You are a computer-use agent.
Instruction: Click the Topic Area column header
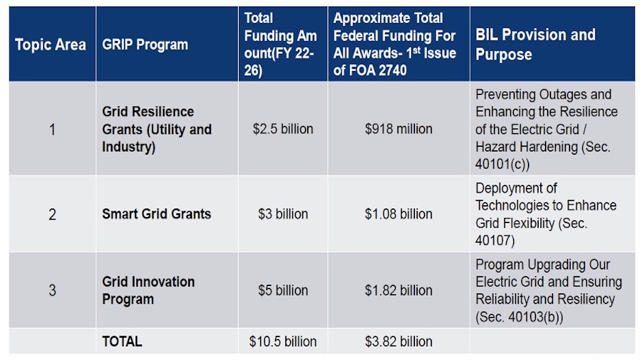pyautogui.click(x=51, y=44)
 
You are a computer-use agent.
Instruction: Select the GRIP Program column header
pyautogui.click(x=145, y=44)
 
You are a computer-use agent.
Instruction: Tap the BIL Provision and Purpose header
pyautogui.click(x=535, y=44)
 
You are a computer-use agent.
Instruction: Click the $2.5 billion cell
pyautogui.click(x=283, y=129)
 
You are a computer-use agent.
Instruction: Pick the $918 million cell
pyautogui.click(x=398, y=129)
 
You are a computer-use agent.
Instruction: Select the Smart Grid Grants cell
pyautogui.click(x=157, y=214)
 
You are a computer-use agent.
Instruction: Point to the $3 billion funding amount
pyautogui.click(x=283, y=214)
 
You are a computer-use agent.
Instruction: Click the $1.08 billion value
pyautogui.click(x=398, y=214)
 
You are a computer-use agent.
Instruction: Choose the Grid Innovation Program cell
pyautogui.click(x=148, y=290)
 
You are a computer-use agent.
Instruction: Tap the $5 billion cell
pyautogui.click(x=283, y=291)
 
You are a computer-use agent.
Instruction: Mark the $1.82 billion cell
pyautogui.click(x=398, y=291)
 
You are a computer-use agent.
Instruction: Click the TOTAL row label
pyautogui.click(x=122, y=341)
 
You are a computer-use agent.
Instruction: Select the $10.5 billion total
pyautogui.click(x=283, y=341)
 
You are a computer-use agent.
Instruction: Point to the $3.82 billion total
pyautogui.click(x=398, y=341)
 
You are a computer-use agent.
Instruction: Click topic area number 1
pyautogui.click(x=52, y=129)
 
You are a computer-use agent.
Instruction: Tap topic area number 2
pyautogui.click(x=52, y=214)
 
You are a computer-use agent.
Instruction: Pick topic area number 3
pyautogui.click(x=52, y=291)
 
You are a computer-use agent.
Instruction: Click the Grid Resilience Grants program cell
pyautogui.click(x=157, y=129)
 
